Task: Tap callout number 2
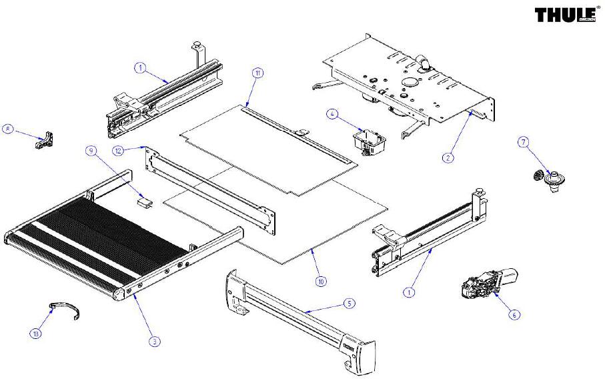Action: pyautogui.click(x=448, y=157)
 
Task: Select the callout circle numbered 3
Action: pyautogui.click(x=154, y=341)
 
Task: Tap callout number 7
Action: pyautogui.click(x=523, y=141)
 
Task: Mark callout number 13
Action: pyautogui.click(x=35, y=332)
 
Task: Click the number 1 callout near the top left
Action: pyautogui.click(x=140, y=67)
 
